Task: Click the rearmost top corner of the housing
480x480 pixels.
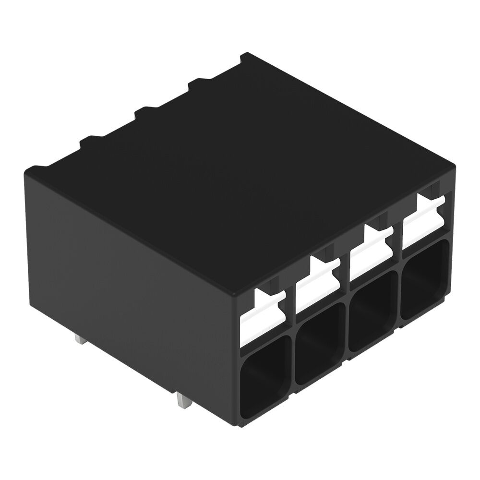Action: [x=245, y=54]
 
